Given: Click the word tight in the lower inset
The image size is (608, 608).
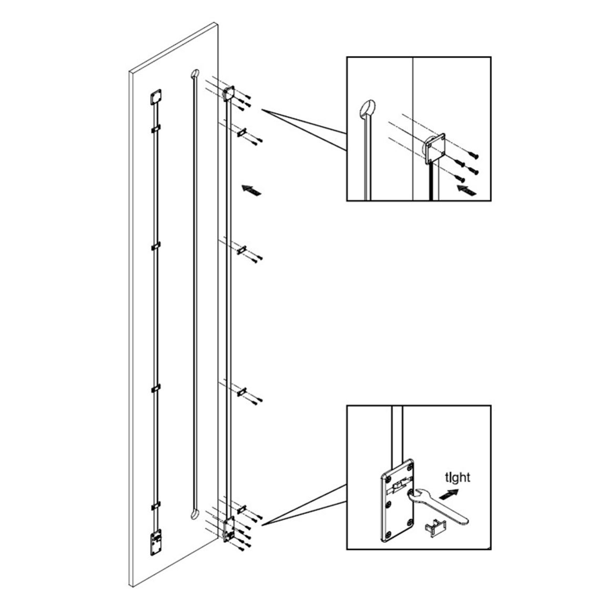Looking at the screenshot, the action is click(x=458, y=478).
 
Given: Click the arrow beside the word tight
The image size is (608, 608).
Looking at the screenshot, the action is click(x=449, y=494).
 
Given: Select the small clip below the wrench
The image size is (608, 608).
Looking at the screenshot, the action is click(x=436, y=528).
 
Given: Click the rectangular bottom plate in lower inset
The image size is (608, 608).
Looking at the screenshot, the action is click(x=397, y=500).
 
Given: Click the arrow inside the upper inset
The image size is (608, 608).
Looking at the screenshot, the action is click(x=466, y=190).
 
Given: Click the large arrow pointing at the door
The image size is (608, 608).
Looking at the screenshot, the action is click(x=251, y=190).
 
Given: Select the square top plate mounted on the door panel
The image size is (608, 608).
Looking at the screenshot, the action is click(x=156, y=97).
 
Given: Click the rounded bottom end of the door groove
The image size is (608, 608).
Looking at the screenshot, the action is click(x=194, y=514).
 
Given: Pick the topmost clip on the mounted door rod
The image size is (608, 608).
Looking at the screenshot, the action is click(x=156, y=128).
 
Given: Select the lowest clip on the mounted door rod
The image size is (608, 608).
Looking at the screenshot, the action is click(x=156, y=505).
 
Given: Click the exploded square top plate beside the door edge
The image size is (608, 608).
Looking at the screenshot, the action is click(x=229, y=93).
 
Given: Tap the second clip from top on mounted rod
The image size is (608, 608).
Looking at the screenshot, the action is click(x=156, y=246).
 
